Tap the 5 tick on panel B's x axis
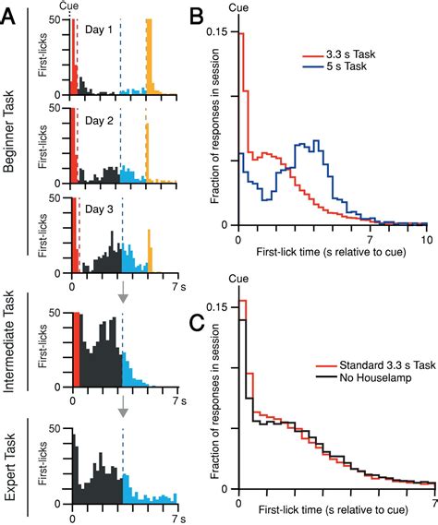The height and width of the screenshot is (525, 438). pos(332,238)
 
